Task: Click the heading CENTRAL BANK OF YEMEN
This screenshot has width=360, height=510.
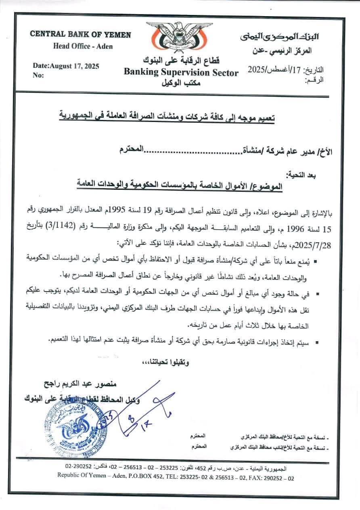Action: [80, 35]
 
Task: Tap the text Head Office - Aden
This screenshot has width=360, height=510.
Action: [83, 46]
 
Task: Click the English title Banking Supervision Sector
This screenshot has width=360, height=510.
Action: [181, 73]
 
